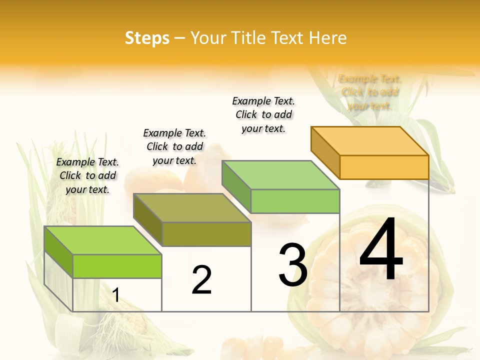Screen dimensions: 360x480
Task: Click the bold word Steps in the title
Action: [146, 38]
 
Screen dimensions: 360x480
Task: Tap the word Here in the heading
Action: [327, 38]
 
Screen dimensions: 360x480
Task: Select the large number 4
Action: [381, 250]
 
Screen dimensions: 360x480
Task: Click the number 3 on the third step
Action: [293, 265]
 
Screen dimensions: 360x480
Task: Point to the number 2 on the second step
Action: [201, 279]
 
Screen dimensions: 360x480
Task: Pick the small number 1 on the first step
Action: [115, 295]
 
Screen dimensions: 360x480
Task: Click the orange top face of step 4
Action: [370, 140]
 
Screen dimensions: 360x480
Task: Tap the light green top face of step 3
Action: [281, 175]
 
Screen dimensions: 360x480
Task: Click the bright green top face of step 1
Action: [103, 240]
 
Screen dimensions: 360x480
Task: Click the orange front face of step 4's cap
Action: [384, 167]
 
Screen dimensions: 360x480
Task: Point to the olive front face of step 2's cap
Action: [206, 234]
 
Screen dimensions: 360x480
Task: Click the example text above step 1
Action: [87, 175]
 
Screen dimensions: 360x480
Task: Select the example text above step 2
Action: [174, 146]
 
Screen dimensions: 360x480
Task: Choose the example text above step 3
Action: [263, 114]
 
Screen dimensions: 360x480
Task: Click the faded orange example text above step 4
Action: [369, 92]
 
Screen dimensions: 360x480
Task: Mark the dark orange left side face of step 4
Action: [325, 152]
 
